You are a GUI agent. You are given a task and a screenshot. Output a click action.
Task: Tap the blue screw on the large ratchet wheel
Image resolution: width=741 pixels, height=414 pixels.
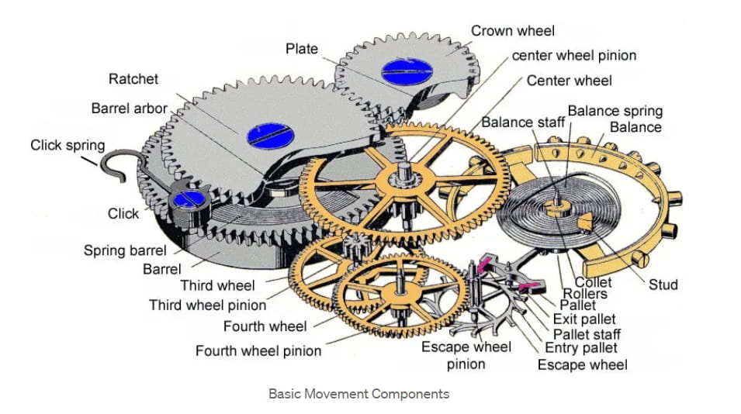point(268,136)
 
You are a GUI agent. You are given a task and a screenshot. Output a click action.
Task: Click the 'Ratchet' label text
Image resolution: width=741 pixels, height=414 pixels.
point(133,79)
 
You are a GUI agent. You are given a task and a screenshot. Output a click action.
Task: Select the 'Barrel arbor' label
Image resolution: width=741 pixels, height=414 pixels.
point(129,109)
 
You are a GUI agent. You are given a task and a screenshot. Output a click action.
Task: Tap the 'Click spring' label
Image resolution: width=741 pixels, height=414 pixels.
point(68,145)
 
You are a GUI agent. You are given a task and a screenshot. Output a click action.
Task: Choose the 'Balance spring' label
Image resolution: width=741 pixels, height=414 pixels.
point(615,111)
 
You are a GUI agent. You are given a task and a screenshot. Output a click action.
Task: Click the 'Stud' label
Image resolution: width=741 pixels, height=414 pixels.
point(663,285)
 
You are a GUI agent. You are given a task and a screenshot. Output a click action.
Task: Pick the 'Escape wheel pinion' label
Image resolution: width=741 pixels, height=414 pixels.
point(466,355)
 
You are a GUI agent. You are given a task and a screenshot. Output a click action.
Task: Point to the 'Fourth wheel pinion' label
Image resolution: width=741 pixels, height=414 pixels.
point(258,351)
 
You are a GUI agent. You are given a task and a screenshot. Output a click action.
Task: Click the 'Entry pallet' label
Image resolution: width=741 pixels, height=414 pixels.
point(581,349)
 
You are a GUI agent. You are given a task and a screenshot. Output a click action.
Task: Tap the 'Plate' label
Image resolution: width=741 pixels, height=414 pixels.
point(302,49)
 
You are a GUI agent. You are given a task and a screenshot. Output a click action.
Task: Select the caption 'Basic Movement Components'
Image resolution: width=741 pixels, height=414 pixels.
point(358,394)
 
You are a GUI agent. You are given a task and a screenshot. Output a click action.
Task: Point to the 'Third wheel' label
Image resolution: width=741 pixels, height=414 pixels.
point(217,286)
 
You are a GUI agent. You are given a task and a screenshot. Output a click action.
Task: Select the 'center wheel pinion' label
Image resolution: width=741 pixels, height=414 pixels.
point(574,56)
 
